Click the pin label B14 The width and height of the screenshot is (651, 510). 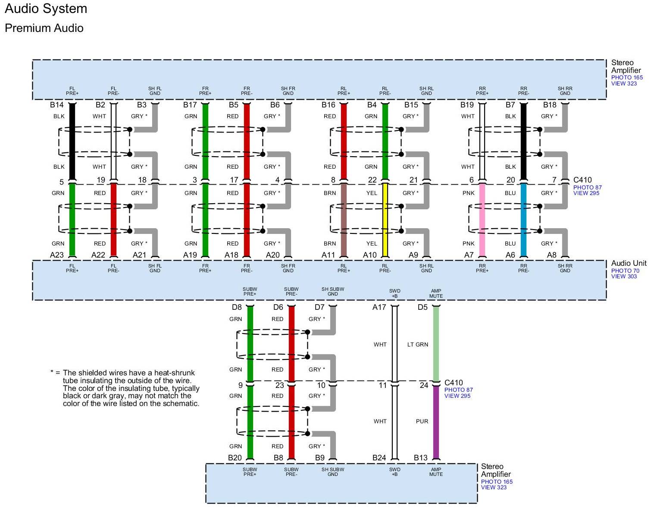pyautogui.click(x=56, y=105)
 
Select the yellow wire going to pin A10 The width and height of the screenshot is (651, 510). pyautogui.click(x=385, y=220)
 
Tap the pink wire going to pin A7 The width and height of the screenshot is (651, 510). pyautogui.click(x=482, y=220)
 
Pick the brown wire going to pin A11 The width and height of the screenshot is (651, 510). pyautogui.click(x=344, y=220)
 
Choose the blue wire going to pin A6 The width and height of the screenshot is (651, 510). pyautogui.click(x=523, y=220)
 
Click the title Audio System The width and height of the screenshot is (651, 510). pyautogui.click(x=46, y=9)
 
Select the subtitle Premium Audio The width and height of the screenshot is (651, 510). pyautogui.click(x=44, y=28)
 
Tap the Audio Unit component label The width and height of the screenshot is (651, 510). pyautogui.click(x=629, y=263)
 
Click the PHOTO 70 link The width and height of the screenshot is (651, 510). pyautogui.click(x=625, y=271)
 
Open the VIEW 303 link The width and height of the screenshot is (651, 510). pyautogui.click(x=624, y=277)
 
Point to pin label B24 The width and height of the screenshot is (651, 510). pyautogui.click(x=379, y=458)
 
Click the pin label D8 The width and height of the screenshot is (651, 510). pyautogui.click(x=237, y=307)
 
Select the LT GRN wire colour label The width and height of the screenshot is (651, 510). pyautogui.click(x=418, y=344)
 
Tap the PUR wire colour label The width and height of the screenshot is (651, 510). pyautogui.click(x=422, y=422)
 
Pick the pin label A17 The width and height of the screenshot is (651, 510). pyautogui.click(x=379, y=307)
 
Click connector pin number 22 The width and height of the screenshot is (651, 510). pyautogui.click(x=372, y=180)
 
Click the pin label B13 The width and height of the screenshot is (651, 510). pyautogui.click(x=420, y=458)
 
